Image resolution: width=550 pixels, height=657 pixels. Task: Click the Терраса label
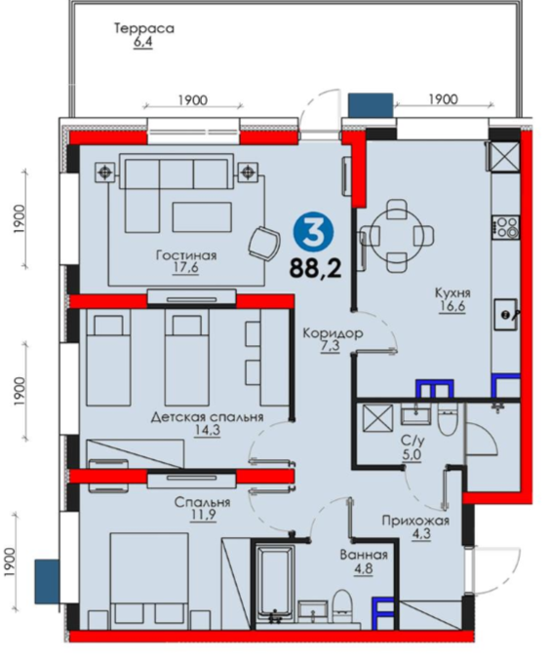click(143, 28)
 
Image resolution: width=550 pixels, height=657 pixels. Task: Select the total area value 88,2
click(315, 268)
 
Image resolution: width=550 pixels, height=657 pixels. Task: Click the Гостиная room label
click(186, 255)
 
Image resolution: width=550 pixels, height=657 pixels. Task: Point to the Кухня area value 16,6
click(452, 306)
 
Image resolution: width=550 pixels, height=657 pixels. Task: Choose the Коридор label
click(333, 333)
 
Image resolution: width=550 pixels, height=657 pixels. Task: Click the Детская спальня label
click(207, 417)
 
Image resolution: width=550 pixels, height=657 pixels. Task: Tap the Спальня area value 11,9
click(203, 515)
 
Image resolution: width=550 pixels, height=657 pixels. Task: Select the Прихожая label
click(415, 521)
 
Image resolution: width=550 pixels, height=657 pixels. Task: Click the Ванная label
click(364, 556)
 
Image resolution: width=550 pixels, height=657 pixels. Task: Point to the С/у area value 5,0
click(412, 454)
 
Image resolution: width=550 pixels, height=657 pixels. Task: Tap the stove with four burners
click(506, 227)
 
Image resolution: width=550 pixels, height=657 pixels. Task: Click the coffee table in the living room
click(202, 217)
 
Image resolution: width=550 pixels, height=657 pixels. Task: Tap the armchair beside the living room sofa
click(264, 243)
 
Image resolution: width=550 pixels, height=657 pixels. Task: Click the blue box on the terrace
click(371, 104)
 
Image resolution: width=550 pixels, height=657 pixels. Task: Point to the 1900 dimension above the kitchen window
click(443, 99)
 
